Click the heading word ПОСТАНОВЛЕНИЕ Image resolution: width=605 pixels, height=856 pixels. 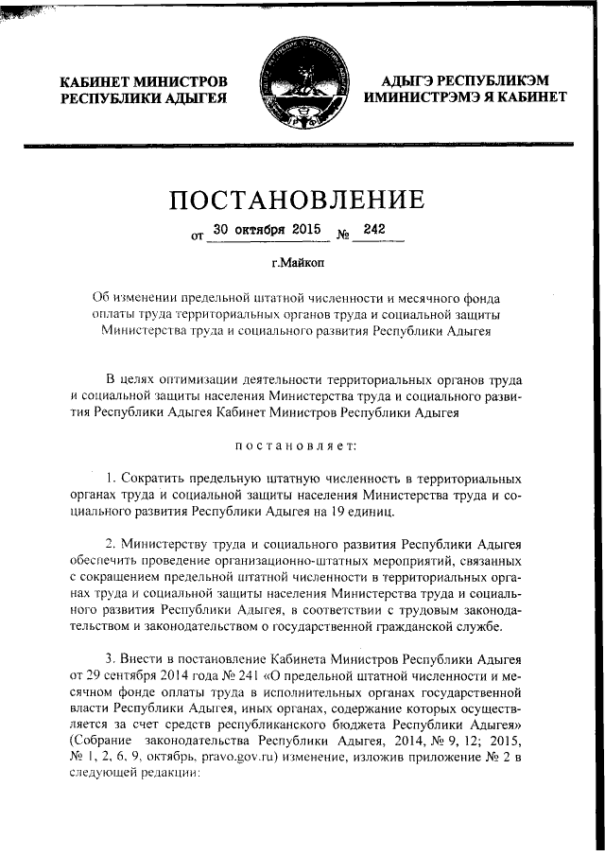tap(296, 201)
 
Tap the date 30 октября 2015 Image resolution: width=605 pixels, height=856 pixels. tap(254, 230)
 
